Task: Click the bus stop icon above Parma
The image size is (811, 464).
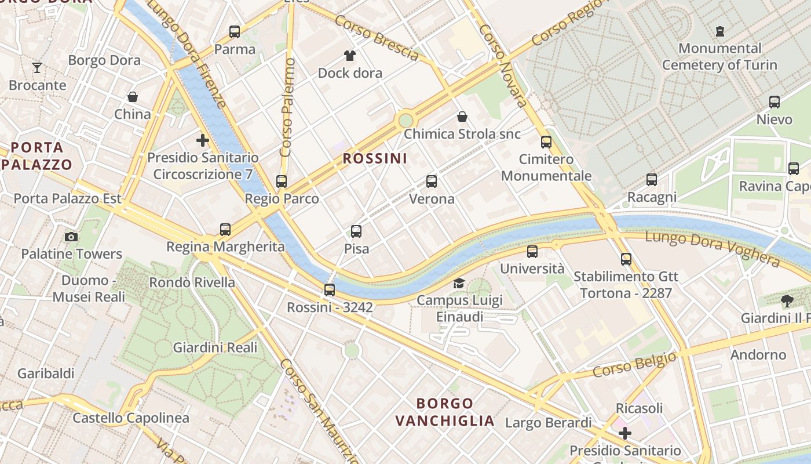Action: coord(235,32)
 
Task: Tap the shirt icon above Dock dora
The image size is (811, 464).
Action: coord(350,56)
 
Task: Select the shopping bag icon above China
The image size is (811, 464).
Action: coord(133,97)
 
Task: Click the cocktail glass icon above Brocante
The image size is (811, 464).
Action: coord(37,68)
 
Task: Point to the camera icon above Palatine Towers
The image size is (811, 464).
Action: coord(71,237)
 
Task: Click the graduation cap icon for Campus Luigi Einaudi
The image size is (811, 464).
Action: coord(459,283)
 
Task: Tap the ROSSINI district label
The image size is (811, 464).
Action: coord(375,158)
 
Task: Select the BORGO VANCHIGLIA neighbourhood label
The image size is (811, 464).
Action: coord(445,412)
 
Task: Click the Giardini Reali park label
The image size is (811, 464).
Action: coord(215,347)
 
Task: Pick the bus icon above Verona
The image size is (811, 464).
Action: coord(432,182)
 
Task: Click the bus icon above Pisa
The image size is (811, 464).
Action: coord(356,231)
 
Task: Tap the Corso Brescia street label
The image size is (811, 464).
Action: coord(377,38)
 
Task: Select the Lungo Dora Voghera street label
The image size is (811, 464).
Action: coord(712,248)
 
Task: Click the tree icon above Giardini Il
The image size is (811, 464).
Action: coord(787,300)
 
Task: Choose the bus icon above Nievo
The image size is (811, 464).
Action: coord(775,102)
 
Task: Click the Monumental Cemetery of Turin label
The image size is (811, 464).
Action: coord(719,56)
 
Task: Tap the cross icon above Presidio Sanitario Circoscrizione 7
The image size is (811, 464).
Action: coord(203,140)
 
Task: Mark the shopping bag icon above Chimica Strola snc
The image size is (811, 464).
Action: coord(462,117)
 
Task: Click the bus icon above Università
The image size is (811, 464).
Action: coord(532,252)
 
